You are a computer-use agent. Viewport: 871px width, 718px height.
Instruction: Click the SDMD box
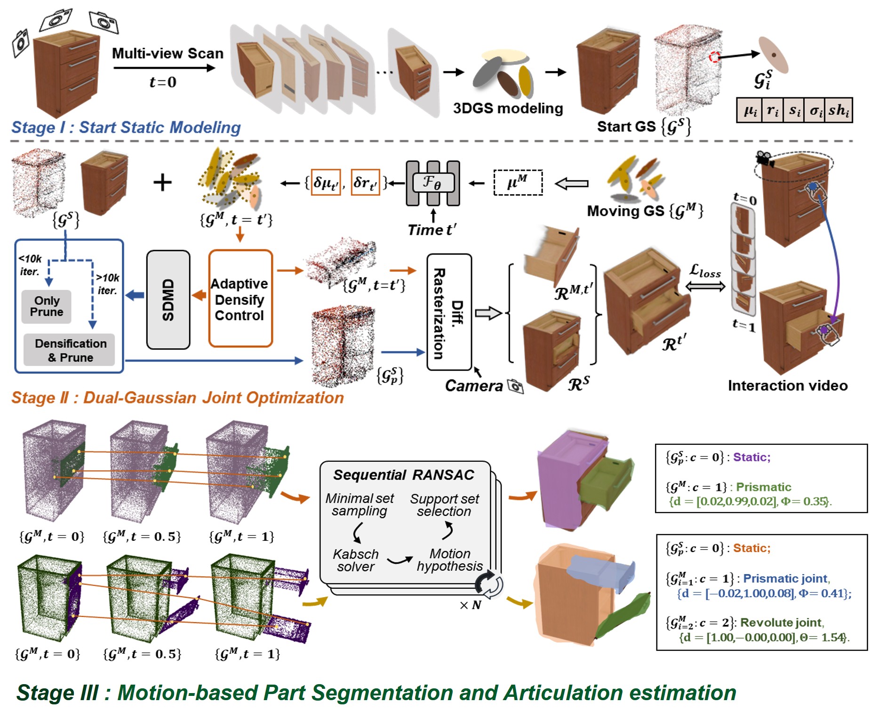coord(168,300)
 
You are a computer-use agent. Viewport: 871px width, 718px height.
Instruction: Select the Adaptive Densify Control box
coord(240,299)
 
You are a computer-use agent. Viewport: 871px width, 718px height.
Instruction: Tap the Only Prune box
coord(46,307)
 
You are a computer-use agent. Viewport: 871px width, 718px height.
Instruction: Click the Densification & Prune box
coord(70,350)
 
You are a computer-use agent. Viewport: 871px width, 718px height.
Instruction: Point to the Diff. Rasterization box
coord(449,313)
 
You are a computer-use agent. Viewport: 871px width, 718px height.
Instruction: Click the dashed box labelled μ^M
coord(518,182)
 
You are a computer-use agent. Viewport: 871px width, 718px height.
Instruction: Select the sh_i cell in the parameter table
coord(838,110)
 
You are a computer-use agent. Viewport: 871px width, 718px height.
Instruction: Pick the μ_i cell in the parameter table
coord(749,110)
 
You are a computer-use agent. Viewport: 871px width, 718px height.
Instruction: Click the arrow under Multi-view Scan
coord(164,68)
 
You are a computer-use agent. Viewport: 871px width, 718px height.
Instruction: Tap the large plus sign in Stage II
coord(162,182)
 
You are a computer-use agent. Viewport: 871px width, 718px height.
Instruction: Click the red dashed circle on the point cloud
coord(714,57)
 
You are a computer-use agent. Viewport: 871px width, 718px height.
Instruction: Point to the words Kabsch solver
coord(355,560)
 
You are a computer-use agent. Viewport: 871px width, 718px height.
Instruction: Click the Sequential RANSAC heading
coord(403,475)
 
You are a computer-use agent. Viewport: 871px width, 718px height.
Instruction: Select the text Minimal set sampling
coord(360,505)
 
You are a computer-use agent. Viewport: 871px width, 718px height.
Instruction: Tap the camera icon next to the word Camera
coord(516,387)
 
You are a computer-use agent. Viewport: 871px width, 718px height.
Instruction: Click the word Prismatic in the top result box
coord(763,487)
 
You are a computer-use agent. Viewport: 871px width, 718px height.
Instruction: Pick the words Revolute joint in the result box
coord(781,623)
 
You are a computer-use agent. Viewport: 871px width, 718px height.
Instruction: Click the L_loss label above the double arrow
coord(704,271)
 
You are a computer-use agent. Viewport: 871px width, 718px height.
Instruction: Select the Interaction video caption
coord(787,386)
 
